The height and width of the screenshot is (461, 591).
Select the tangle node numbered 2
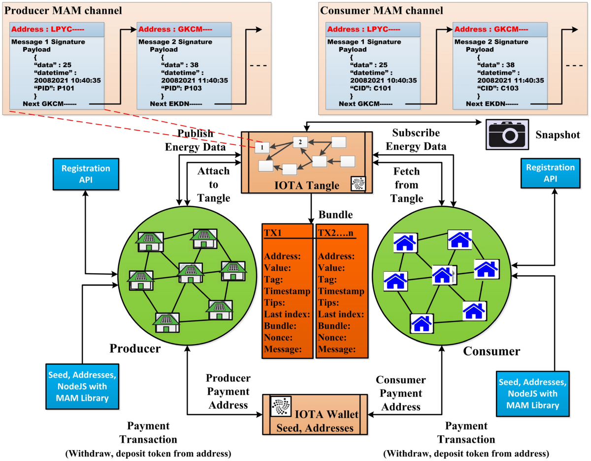[x=300, y=142]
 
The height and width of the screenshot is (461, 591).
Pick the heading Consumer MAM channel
[x=382, y=10]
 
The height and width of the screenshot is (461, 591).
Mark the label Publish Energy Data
[x=196, y=140]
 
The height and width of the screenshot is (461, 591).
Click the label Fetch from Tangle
[x=407, y=185]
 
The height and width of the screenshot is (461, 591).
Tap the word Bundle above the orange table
[x=335, y=215]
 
